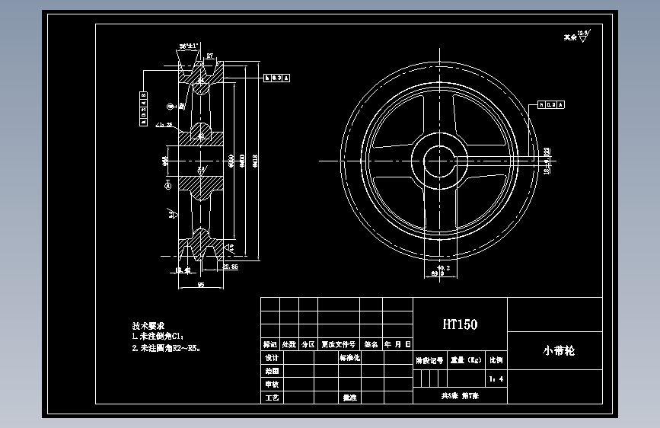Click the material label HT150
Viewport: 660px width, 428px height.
[x=460, y=324]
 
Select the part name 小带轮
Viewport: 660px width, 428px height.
[x=559, y=352]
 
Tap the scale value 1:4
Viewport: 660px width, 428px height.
[x=496, y=378]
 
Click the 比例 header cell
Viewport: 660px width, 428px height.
[x=496, y=359]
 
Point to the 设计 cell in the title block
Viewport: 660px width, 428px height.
[x=271, y=358]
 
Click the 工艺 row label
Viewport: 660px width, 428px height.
[x=271, y=398]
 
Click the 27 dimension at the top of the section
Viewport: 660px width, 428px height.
[x=209, y=56]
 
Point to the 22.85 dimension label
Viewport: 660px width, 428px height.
[x=229, y=267]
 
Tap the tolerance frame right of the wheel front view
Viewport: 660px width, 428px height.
[x=551, y=104]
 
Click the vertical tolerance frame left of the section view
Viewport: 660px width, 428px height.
[x=142, y=107]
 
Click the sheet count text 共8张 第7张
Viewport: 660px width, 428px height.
[x=459, y=397]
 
